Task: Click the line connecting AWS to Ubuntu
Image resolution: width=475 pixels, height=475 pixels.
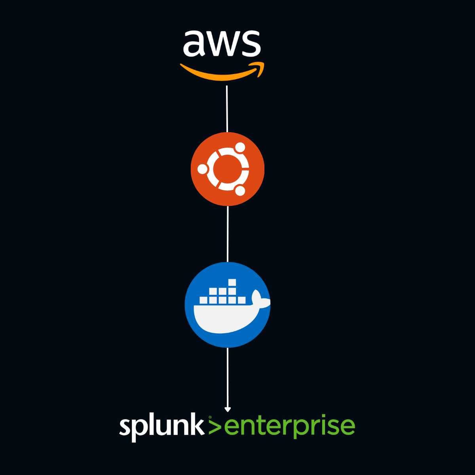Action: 227,109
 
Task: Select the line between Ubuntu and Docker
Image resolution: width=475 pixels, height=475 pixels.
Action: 228,234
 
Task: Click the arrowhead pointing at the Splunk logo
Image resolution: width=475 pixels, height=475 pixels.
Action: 228,409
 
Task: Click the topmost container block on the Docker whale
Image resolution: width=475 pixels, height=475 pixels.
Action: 232,282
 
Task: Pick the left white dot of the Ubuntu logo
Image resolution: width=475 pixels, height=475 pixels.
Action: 203,169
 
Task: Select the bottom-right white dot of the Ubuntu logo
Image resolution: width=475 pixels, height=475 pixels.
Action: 240,191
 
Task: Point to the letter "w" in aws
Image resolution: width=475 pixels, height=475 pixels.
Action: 222,43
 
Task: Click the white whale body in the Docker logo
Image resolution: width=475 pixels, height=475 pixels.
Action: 222,319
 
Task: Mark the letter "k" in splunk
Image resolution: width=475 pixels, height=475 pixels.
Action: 197,425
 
